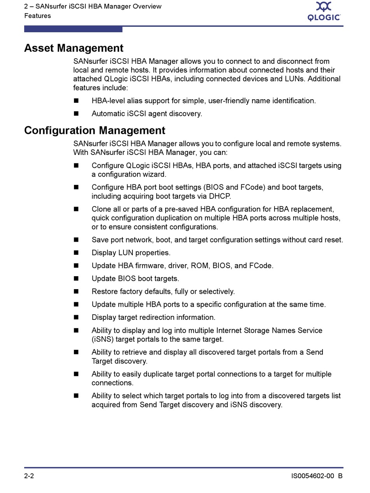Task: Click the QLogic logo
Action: (x=324, y=11)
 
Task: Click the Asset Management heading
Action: (x=74, y=48)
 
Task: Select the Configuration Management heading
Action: (x=95, y=130)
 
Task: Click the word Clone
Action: (x=102, y=209)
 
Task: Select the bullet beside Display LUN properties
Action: (x=76, y=253)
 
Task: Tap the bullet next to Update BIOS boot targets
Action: (x=76, y=279)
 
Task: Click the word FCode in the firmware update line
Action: (x=261, y=266)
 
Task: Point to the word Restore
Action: (x=105, y=291)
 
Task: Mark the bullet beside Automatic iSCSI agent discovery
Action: (x=76, y=114)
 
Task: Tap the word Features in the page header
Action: (x=37, y=16)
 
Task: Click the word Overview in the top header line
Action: (x=146, y=7)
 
